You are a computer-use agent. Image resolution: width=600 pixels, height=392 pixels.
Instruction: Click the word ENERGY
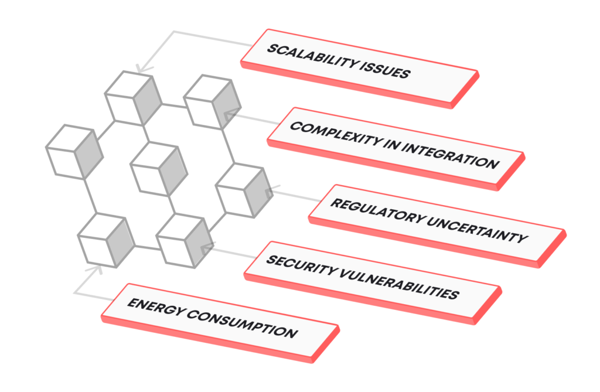click(x=151, y=308)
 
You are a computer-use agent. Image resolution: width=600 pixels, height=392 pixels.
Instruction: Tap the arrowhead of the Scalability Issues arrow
click(x=140, y=69)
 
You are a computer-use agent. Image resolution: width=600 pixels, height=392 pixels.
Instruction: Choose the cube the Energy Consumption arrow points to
click(x=105, y=240)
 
